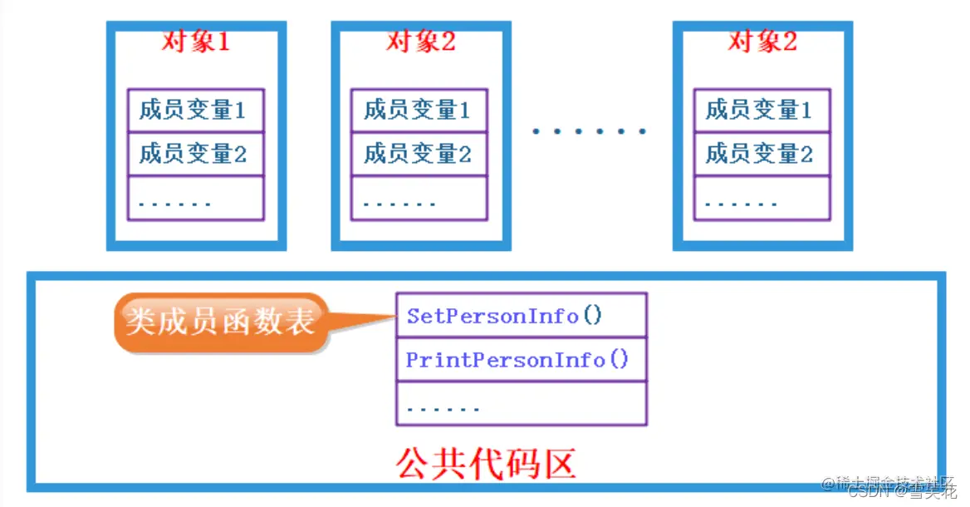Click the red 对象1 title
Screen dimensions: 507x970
pos(195,41)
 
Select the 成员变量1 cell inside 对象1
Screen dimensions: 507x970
pos(195,110)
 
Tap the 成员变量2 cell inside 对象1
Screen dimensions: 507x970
pos(195,154)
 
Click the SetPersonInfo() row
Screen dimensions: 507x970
pos(521,316)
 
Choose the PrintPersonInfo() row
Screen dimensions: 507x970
pos(521,360)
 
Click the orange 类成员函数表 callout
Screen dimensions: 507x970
pos(220,321)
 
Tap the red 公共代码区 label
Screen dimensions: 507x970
pos(486,462)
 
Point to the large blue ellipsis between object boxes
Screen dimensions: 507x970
pos(589,130)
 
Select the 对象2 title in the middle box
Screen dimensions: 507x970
pos(420,41)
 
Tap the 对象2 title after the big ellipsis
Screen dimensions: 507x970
pos(762,41)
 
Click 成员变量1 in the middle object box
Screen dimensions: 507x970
pos(419,110)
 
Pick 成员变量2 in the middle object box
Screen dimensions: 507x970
pos(419,154)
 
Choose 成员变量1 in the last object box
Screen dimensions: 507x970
pos(762,110)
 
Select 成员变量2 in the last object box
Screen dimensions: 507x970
pos(762,154)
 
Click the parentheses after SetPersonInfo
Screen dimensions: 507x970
pos(592,316)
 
